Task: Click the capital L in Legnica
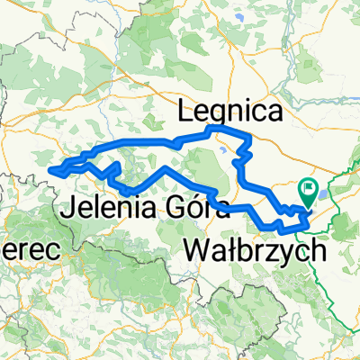click(x=187, y=111)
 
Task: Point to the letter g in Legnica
click(x=221, y=114)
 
